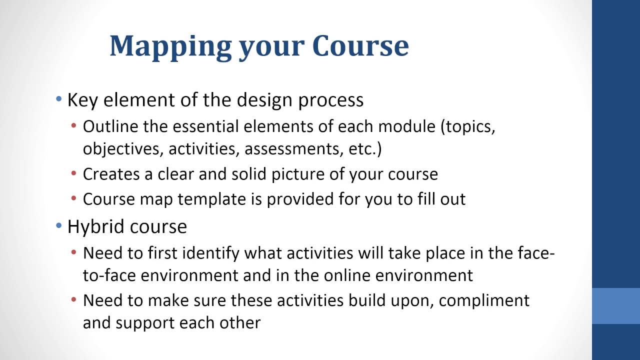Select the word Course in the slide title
pyautogui.click(x=360, y=45)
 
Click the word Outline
pyautogui.click(x=110, y=126)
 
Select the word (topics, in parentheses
pyautogui.click(x=468, y=126)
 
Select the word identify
pyautogui.click(x=210, y=253)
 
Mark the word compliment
pyautogui.click(x=484, y=300)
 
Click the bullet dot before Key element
pyautogui.click(x=59, y=99)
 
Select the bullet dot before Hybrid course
pyautogui.click(x=59, y=226)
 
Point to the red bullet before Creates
pyautogui.click(x=74, y=174)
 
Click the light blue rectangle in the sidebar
pyautogui.click(x=616, y=305)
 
